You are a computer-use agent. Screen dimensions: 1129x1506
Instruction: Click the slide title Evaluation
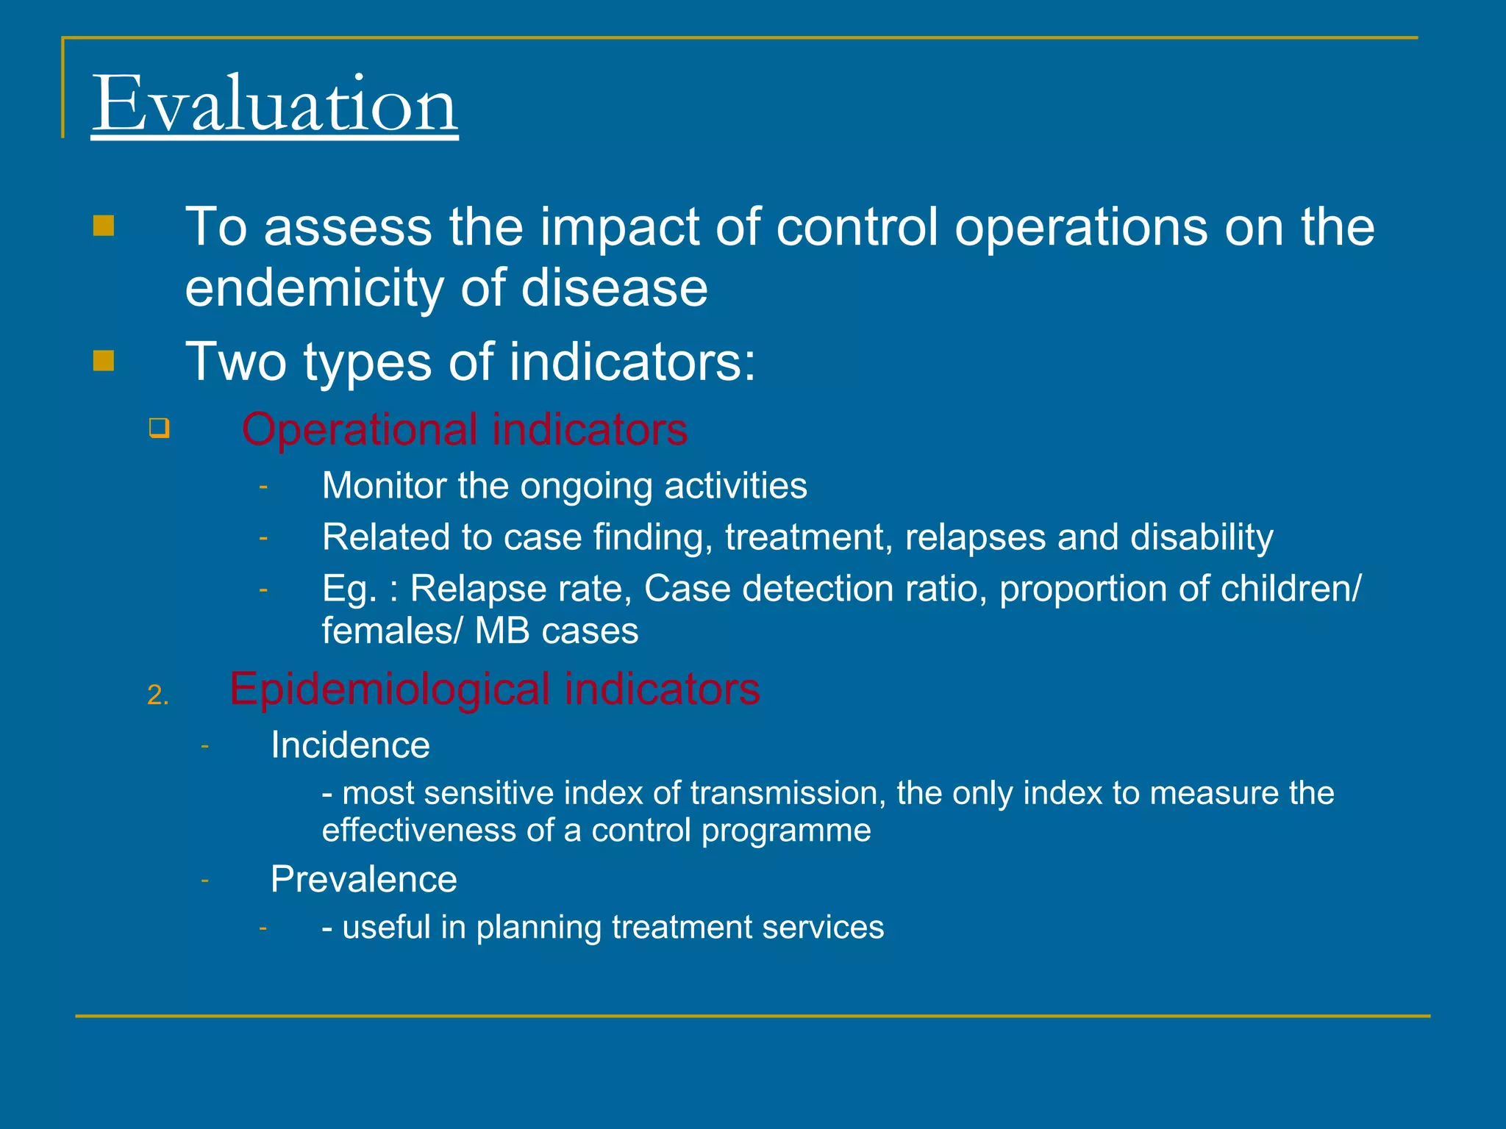274,104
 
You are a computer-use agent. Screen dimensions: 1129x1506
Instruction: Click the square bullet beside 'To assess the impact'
104,226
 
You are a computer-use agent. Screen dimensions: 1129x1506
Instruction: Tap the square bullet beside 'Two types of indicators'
104,361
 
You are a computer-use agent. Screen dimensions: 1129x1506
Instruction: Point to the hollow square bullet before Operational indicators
159,428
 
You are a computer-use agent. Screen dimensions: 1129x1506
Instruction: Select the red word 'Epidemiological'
390,689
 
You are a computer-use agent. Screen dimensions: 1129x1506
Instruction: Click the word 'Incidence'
350,745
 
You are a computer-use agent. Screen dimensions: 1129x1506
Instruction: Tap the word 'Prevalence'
363,880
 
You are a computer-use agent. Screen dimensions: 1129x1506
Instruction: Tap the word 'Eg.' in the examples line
350,589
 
